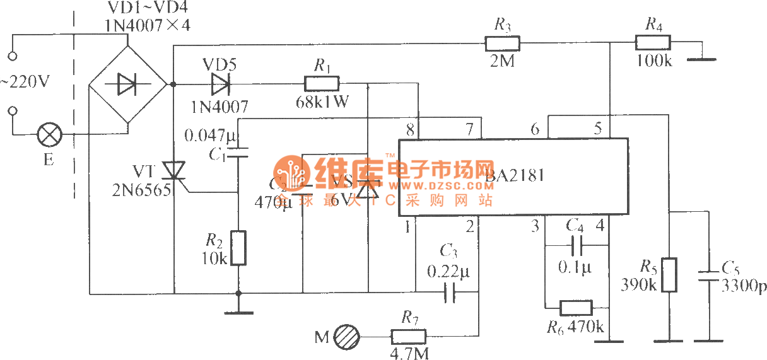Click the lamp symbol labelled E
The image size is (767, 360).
coord(49,134)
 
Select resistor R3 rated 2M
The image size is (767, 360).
coord(502,44)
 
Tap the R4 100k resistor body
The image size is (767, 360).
coord(652,44)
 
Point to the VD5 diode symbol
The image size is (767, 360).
coord(221,83)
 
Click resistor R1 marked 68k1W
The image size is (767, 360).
coord(322,83)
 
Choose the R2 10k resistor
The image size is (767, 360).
coord(238,248)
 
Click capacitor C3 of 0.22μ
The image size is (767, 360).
coord(449,293)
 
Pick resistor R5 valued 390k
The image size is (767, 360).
coord(669,275)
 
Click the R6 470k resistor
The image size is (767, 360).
coord(576,308)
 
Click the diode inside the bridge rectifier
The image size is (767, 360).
coord(127,84)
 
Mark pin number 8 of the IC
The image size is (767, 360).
coord(411,130)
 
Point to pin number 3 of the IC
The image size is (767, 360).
coord(535,224)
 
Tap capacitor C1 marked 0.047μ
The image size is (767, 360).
coord(238,152)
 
